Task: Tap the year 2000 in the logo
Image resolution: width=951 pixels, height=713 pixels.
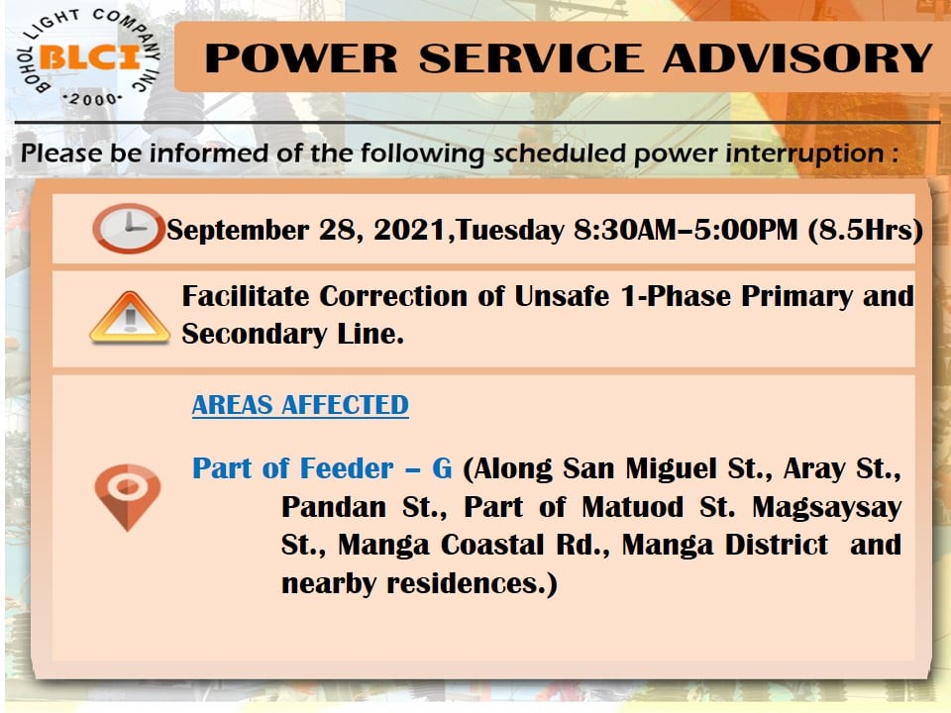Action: pos(93,99)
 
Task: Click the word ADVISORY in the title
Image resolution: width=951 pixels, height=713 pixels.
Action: pos(797,58)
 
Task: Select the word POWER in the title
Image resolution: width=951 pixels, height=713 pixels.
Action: pos(301,58)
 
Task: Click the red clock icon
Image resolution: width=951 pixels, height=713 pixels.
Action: pos(128,228)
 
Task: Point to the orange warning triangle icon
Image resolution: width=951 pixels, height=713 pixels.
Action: pos(129,318)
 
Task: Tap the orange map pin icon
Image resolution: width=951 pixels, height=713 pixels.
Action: pos(128,497)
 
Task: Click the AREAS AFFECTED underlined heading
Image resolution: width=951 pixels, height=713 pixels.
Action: pos(300,405)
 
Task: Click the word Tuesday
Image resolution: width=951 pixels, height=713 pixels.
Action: pos(510,231)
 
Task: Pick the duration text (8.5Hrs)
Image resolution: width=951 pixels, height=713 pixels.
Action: pos(866,231)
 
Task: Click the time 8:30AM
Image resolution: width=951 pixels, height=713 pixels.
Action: pos(625,231)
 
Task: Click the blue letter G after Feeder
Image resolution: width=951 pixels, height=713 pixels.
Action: pos(442,468)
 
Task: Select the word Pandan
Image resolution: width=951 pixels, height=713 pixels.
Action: pos(334,507)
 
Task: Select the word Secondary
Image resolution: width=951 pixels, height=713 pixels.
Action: pos(255,335)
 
